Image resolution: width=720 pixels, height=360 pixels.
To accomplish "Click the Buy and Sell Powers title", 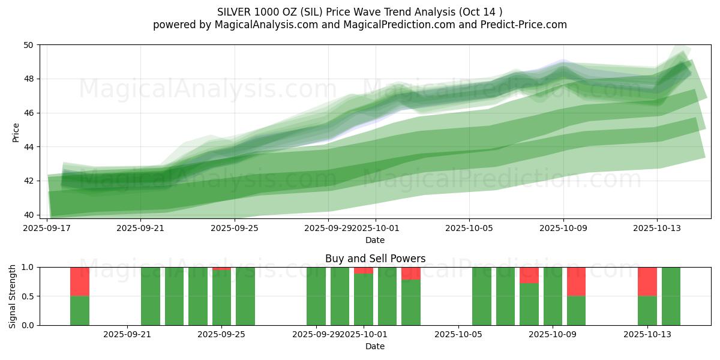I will [375, 259].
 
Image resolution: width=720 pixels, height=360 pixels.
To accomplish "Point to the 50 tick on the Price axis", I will [29, 45].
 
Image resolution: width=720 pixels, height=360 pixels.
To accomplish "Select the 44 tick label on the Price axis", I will [29, 147].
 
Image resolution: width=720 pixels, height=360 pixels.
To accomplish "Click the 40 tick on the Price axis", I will [29, 215].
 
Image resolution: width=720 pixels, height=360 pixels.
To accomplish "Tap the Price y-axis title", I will [16, 133].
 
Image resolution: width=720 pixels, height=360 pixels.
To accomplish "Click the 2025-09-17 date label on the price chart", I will [47, 228].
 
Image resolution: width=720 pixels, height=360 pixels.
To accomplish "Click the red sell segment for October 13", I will [647, 281].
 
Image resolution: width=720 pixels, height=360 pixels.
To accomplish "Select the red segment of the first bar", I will [80, 281].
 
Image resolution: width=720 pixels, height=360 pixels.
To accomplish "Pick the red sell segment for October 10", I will [576, 281].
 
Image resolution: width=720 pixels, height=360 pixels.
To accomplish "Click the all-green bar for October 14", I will [671, 296].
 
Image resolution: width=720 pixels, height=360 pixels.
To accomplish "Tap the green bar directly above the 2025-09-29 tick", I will [316, 296].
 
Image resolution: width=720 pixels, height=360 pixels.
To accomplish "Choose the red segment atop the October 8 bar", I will [529, 275].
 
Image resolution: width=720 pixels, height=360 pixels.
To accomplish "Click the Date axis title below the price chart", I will [375, 240].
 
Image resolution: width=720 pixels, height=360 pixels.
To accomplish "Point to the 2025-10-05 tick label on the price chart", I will [469, 228].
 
